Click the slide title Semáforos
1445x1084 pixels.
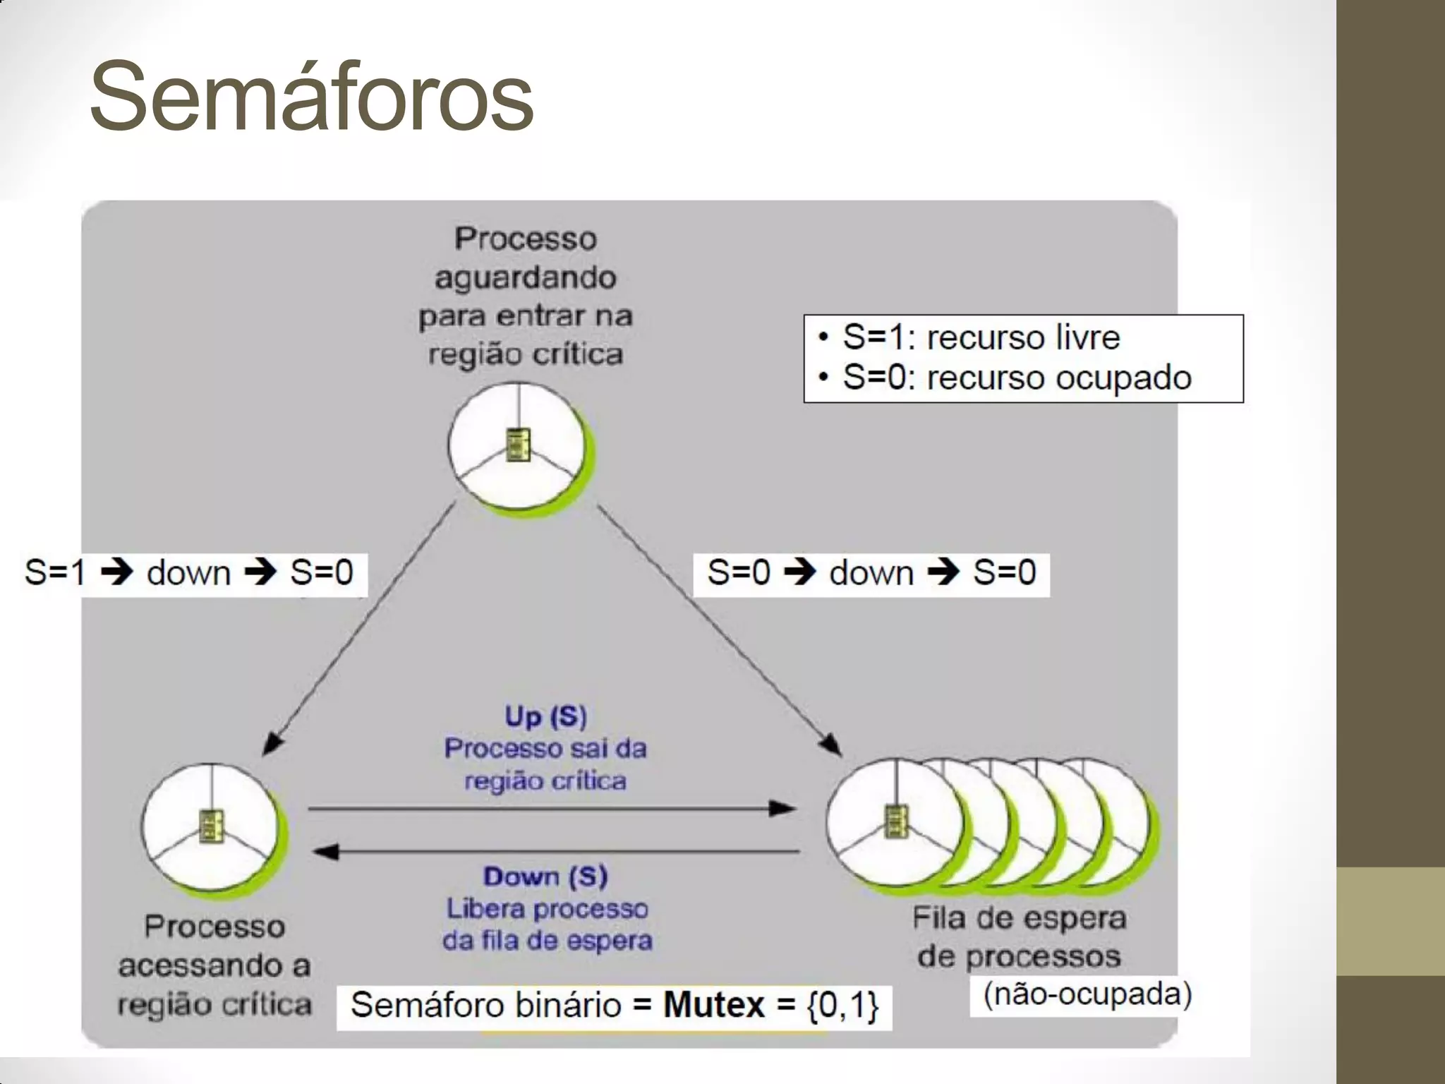[311, 97]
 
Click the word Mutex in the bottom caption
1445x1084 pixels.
[713, 1004]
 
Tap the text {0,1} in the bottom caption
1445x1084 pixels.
[843, 1005]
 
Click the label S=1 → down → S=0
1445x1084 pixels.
[189, 572]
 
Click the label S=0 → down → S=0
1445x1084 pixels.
[871, 572]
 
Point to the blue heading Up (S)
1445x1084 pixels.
[545, 716]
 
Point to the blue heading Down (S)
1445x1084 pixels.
[545, 877]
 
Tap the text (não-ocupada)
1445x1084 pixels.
[1087, 994]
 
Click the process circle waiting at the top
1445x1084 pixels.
[519, 446]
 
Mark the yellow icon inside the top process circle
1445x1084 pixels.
[519, 445]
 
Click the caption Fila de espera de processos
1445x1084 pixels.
[1019, 937]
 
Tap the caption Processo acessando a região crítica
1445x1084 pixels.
[214, 965]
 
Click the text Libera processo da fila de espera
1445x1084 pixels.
[548, 925]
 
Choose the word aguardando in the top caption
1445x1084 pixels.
[526, 277]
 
